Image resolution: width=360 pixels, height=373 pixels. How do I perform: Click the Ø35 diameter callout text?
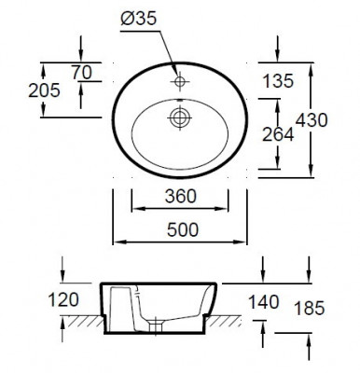tap(138, 20)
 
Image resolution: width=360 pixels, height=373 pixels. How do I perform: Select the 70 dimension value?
tap(82, 73)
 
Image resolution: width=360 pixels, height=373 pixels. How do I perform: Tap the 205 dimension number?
tap(44, 90)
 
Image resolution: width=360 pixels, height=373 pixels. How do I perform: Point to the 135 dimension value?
tap(278, 81)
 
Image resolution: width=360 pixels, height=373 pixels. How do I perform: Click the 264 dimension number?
tap(278, 134)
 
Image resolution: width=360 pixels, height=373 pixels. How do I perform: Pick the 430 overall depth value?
tap(312, 120)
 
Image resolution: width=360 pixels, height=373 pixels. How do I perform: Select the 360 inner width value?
tap(181, 197)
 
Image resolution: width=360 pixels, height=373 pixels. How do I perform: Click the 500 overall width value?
tap(183, 230)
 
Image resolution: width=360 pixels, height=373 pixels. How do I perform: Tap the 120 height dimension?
tap(63, 300)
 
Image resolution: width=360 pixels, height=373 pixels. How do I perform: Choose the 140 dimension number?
tap(264, 302)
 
